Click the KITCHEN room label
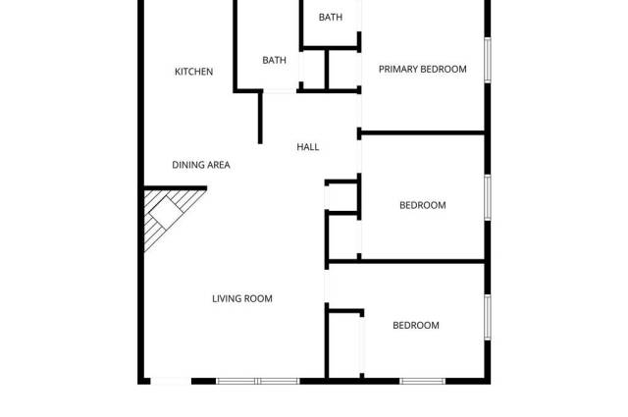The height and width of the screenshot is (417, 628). [193, 72]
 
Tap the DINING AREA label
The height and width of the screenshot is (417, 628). [201, 165]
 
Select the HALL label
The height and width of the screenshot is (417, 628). [308, 147]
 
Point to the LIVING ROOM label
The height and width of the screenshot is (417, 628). [242, 298]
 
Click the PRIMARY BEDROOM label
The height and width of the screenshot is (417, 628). [422, 69]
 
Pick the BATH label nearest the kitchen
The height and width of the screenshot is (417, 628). [274, 61]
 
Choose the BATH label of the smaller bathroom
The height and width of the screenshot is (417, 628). [331, 18]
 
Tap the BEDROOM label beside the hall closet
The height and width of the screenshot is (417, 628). [422, 205]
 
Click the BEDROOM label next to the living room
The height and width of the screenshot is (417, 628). [416, 325]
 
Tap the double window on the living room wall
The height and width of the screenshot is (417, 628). [256, 381]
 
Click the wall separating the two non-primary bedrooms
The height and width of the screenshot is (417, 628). [407, 261]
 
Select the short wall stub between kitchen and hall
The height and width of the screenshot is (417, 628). [260, 117]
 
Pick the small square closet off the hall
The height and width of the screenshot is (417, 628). [342, 196]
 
